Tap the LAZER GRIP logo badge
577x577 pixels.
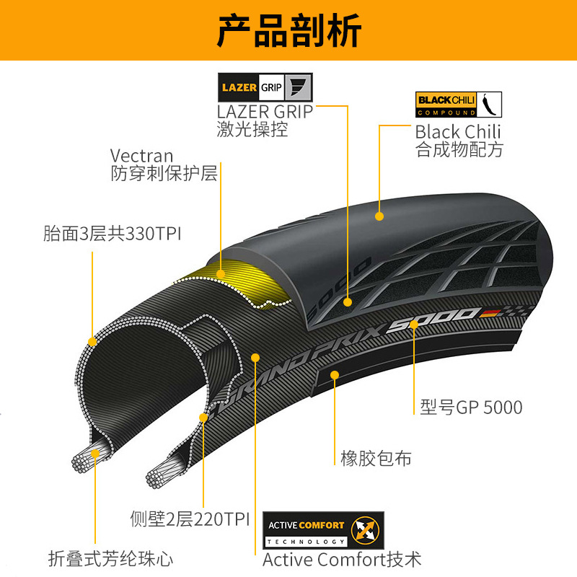click(265, 88)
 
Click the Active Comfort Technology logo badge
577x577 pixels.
click(323, 531)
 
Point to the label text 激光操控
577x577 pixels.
click(252, 130)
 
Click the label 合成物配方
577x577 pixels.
click(459, 150)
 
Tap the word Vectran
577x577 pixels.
click(142, 156)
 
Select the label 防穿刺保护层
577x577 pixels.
click(164, 175)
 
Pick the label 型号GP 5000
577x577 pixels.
click(472, 408)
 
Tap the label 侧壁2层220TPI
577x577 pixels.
click(190, 519)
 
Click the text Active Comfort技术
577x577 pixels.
click(342, 559)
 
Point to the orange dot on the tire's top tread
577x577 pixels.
click(379, 215)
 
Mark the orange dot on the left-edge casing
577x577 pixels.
click(92, 341)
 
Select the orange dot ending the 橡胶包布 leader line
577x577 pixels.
click(335, 374)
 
